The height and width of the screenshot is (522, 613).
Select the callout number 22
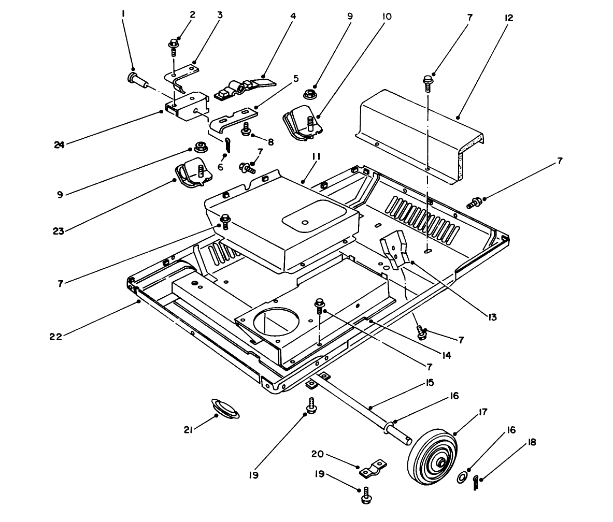point(55,336)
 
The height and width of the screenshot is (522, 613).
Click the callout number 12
point(508,18)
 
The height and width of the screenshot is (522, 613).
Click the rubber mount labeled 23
point(193,172)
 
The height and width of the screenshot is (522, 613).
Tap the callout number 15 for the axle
point(430,383)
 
